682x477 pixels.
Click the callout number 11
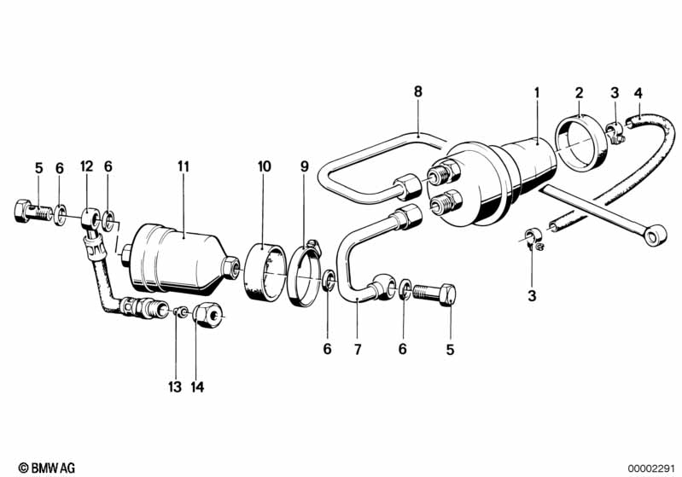point(184,166)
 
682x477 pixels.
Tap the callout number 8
point(418,92)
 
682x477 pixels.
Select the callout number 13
point(175,387)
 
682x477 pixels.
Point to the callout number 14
point(197,387)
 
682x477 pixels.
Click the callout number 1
point(537,93)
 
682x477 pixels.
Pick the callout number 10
point(264,166)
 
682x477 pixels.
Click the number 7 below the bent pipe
point(358,349)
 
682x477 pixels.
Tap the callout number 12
point(86,166)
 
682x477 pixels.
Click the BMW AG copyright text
point(47,468)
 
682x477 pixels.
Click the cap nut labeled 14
point(207,314)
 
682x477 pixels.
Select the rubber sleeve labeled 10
point(265,273)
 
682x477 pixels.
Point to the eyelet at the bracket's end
point(655,236)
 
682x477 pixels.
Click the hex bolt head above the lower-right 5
point(447,294)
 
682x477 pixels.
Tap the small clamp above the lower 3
point(533,239)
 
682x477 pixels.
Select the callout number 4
point(638,93)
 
